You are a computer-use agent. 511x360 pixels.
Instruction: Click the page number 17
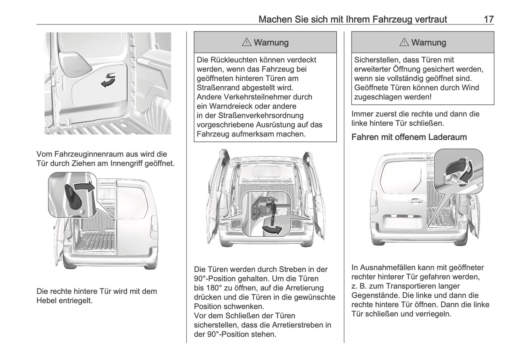(488, 19)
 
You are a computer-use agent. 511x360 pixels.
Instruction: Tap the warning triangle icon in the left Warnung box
(246, 42)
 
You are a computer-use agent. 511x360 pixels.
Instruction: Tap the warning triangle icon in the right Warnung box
(404, 42)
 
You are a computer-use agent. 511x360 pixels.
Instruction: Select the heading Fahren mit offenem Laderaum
(409, 137)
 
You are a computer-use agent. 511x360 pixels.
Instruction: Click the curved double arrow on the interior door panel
(108, 80)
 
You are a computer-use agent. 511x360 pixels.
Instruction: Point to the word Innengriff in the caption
(129, 163)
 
